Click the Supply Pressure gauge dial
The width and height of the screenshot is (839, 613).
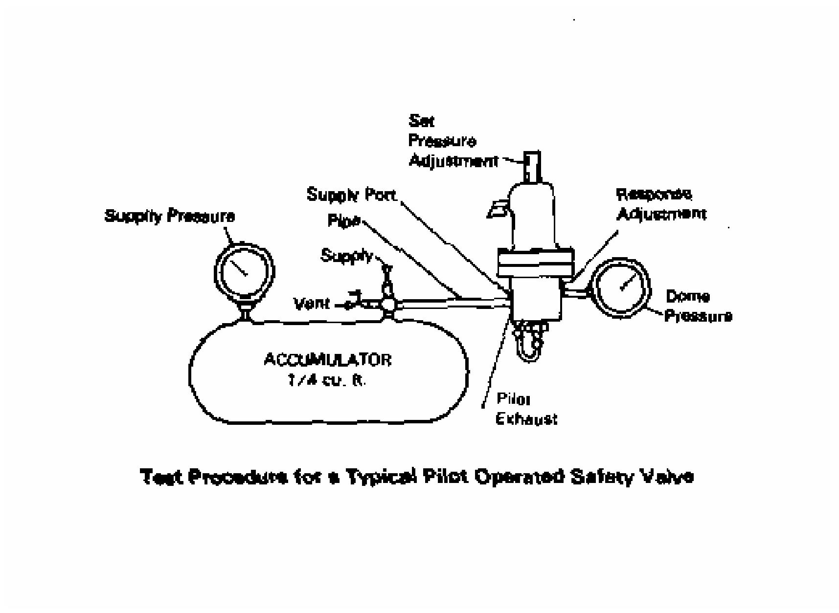[244, 272]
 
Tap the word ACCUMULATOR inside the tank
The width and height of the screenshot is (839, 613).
[327, 360]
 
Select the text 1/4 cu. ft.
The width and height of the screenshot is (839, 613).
[326, 381]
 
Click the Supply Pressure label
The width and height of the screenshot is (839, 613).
[169, 216]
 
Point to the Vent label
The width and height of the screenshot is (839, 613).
[312, 304]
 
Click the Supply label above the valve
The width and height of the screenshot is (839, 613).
[346, 255]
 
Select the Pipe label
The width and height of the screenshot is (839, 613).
[344, 221]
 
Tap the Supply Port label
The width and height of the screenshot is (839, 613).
[351, 195]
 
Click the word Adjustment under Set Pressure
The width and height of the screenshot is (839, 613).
[453, 161]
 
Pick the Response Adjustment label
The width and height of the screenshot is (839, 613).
[660, 204]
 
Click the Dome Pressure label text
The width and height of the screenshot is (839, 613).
[698, 306]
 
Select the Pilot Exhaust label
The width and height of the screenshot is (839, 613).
[526, 409]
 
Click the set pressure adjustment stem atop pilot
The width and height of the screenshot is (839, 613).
[532, 166]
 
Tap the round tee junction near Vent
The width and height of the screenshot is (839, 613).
[389, 304]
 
